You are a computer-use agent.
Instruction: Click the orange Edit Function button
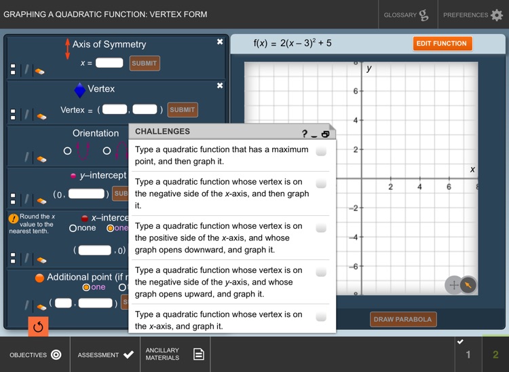(x=441, y=43)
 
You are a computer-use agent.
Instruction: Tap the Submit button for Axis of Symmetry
(x=145, y=63)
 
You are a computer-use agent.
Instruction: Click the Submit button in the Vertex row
(x=182, y=110)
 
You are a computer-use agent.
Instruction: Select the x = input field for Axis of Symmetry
(x=109, y=63)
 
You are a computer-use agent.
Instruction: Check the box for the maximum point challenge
(x=321, y=151)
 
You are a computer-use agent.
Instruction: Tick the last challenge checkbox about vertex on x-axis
(x=321, y=317)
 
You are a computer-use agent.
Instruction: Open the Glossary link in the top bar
(x=406, y=15)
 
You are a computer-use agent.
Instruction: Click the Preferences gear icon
(x=496, y=15)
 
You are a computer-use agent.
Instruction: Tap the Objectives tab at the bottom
(x=35, y=354)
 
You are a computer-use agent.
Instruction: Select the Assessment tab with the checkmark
(x=105, y=354)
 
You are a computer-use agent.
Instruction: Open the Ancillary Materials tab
(x=174, y=354)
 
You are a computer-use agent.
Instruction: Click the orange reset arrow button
(x=38, y=327)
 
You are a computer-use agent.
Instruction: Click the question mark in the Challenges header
(x=305, y=134)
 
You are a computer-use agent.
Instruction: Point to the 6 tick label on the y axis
(x=355, y=91)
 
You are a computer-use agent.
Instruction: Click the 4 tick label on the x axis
(x=419, y=187)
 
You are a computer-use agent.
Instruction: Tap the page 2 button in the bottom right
(x=495, y=354)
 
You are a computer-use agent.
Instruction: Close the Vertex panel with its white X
(x=220, y=86)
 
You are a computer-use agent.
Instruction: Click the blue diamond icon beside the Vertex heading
(x=80, y=90)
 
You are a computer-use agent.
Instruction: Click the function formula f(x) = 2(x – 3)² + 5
(x=293, y=43)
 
